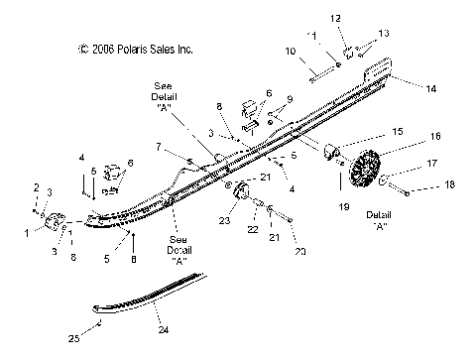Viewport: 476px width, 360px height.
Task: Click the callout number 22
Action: [x=253, y=230]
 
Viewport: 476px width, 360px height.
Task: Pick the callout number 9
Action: [x=290, y=99]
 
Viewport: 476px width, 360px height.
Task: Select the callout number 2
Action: [x=37, y=186]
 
